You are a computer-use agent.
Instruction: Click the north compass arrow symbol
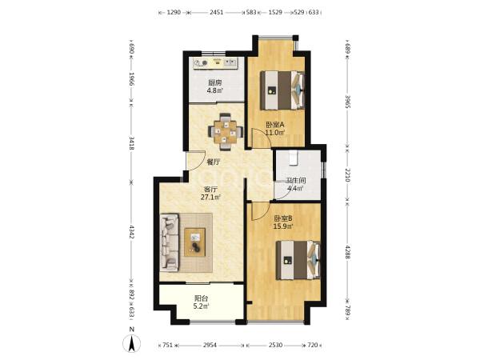coord(132,343)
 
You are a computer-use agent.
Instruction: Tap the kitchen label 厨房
coord(214,83)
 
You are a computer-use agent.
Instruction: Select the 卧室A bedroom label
coord(275,125)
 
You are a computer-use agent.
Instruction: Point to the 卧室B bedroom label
coord(283,218)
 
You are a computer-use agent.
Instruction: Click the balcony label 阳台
coord(202,298)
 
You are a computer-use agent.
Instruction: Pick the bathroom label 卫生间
coord(295,181)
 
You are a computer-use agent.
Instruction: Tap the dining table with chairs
coord(226,132)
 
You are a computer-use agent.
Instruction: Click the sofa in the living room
coord(170,242)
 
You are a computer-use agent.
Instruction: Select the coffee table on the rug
coord(194,242)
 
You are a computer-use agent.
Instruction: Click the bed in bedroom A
coord(282,90)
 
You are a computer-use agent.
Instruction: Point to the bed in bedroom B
coord(298,260)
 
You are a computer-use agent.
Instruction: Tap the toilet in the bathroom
coord(293,158)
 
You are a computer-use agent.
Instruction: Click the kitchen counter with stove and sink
coord(216,64)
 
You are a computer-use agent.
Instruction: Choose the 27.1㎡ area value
coord(211,197)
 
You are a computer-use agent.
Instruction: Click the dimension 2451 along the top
coord(217,13)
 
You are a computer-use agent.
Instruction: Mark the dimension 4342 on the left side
coord(132,232)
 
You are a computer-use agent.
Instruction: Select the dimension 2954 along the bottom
coord(210,345)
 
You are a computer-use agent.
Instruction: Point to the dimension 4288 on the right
coord(348,252)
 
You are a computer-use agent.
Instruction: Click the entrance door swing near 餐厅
coord(196,161)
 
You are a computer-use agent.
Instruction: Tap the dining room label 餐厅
coord(214,162)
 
